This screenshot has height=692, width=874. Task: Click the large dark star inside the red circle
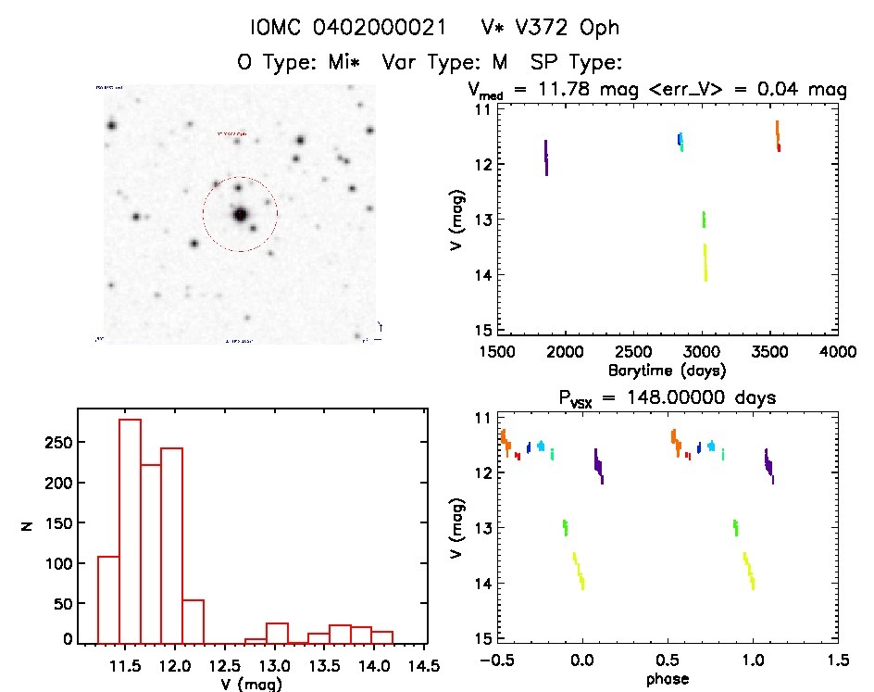point(241,214)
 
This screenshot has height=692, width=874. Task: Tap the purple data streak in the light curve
point(546,157)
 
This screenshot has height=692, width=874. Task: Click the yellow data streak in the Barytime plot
point(705,261)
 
